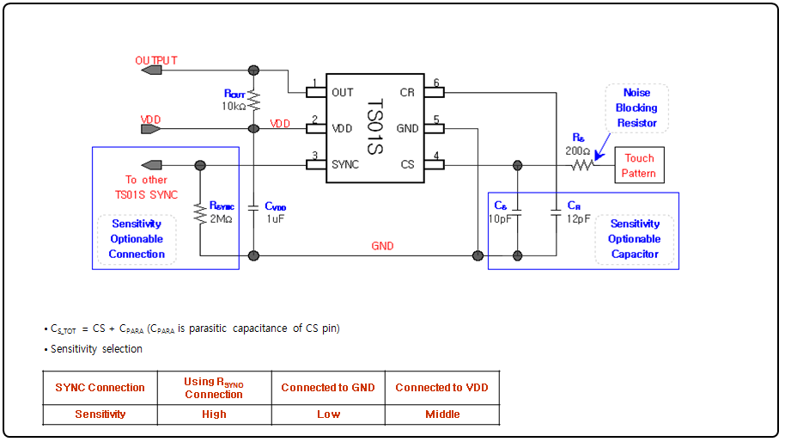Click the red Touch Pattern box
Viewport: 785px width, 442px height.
point(639,165)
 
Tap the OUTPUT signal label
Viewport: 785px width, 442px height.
point(156,60)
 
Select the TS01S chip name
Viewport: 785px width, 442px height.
point(374,128)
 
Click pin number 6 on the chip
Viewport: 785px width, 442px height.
point(436,83)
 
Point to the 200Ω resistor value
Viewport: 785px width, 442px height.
point(578,150)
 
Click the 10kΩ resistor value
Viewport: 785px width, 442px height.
point(234,107)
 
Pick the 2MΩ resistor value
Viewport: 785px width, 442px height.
point(221,219)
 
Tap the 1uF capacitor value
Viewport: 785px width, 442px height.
point(274,219)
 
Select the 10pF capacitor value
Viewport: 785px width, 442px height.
point(501,218)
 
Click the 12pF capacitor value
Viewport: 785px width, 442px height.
point(579,218)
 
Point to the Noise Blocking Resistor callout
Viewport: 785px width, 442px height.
point(636,107)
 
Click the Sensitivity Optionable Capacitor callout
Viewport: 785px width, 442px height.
point(635,239)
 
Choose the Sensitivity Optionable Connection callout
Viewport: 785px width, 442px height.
point(137,239)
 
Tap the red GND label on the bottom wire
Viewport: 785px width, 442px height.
point(382,246)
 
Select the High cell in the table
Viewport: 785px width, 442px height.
point(214,414)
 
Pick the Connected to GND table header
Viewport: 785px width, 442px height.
point(328,387)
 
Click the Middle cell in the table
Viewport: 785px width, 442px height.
point(442,414)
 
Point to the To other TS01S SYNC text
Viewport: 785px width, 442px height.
point(146,187)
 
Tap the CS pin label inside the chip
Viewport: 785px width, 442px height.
point(407,164)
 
